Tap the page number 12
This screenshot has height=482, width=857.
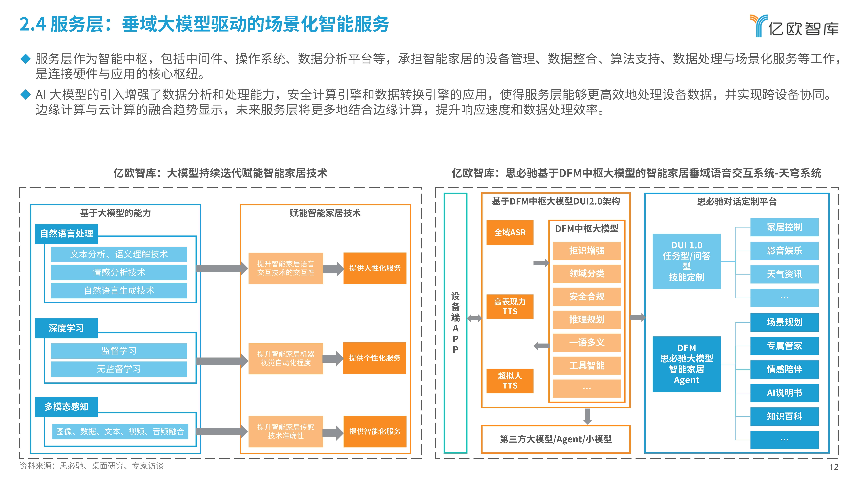pos(833,467)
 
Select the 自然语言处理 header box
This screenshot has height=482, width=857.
pos(67,234)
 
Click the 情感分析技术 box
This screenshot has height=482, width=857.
pos(119,272)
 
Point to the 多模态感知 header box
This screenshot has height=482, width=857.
pos(67,406)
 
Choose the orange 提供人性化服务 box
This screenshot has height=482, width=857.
pos(375,268)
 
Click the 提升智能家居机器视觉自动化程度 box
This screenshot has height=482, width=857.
pos(285,358)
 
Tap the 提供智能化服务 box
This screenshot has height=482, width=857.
pos(375,431)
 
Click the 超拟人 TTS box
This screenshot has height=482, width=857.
pos(510,381)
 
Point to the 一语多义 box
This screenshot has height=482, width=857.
pos(587,343)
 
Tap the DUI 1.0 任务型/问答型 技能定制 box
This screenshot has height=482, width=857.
pos(686,261)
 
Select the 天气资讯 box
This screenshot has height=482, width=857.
pos(784,274)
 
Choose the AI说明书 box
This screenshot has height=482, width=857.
pos(784,393)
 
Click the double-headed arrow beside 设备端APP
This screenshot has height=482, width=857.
pos(474,318)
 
